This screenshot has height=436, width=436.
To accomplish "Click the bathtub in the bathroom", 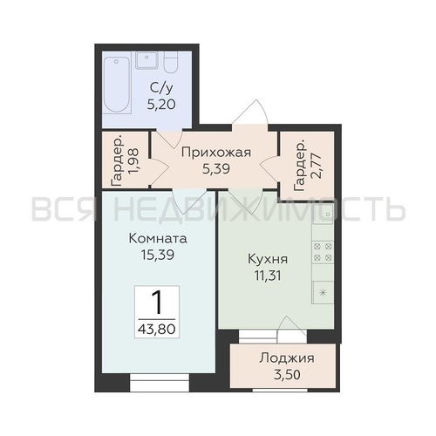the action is [x=117, y=85].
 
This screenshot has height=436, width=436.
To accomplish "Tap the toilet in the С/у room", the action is [x=170, y=62].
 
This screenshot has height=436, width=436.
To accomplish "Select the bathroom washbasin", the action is [x=146, y=60].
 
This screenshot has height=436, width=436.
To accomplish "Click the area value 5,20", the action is [x=161, y=104].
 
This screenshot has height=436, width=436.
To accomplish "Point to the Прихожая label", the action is [x=216, y=152].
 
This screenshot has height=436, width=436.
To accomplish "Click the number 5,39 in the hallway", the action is [x=216, y=168].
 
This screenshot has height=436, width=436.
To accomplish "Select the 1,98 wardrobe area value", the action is [x=134, y=161].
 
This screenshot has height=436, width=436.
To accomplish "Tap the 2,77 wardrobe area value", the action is [x=317, y=166].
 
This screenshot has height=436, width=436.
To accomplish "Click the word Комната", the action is [x=158, y=239].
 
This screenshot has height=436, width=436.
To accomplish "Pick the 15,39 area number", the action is [x=158, y=255].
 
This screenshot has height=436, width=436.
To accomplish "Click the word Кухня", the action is [x=268, y=259].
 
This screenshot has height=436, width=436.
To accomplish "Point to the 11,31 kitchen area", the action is [x=268, y=276].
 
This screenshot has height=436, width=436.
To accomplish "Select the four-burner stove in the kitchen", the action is [x=323, y=252].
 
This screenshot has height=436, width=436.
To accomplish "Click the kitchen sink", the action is [x=323, y=214].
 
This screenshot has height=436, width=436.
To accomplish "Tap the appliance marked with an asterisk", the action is [x=323, y=292].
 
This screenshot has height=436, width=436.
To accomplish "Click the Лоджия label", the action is [x=287, y=358].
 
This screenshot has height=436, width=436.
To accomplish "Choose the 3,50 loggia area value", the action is [x=287, y=375].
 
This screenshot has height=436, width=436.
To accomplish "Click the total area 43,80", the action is [x=157, y=329].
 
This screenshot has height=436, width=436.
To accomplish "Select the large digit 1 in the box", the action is [x=157, y=303].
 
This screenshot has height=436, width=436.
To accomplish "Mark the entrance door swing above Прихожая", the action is [x=250, y=113].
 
